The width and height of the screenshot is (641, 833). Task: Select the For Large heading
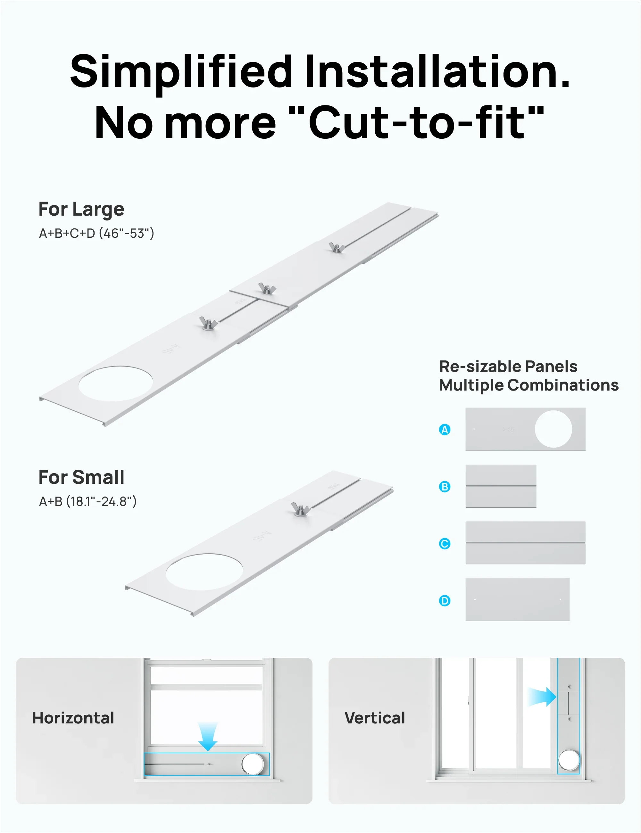coord(81,210)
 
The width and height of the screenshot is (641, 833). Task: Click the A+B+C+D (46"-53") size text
coord(96,233)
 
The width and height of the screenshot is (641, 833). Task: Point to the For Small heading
coord(81,477)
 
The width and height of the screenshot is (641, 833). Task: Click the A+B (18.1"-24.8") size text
coord(88,501)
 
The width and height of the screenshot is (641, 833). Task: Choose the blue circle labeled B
coord(445,487)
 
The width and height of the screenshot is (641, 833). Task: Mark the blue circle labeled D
coord(445,601)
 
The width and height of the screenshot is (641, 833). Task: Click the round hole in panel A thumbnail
coord(553,429)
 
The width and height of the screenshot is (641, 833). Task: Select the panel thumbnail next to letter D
coord(517,599)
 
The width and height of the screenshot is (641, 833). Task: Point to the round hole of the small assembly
coord(204,572)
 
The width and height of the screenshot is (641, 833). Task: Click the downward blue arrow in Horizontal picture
coord(208,737)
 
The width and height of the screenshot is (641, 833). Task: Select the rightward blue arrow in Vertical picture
coord(542,697)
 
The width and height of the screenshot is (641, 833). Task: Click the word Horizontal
coord(73,718)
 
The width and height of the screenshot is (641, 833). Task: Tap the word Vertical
coord(375,718)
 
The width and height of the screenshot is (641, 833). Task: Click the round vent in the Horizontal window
coord(253,764)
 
